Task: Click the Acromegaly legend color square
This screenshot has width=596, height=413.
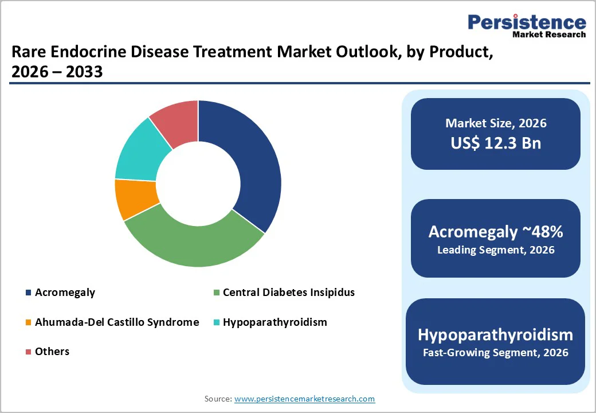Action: click(x=28, y=293)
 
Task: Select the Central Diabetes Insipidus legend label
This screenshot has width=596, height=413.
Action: click(x=288, y=293)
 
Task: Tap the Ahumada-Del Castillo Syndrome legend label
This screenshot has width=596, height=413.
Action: click(x=117, y=322)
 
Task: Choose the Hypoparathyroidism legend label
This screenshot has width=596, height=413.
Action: click(x=275, y=322)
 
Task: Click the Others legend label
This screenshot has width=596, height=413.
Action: click(x=52, y=352)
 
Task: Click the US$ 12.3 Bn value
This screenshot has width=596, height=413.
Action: click(x=496, y=143)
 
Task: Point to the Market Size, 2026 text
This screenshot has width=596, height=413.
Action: click(x=496, y=123)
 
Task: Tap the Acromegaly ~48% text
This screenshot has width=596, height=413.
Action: click(x=496, y=232)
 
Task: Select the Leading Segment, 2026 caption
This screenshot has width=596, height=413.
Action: click(x=496, y=250)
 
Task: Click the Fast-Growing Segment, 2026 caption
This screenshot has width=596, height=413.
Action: click(x=496, y=353)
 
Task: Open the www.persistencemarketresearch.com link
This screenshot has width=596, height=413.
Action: click(x=304, y=399)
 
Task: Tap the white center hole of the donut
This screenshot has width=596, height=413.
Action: click(x=198, y=184)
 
